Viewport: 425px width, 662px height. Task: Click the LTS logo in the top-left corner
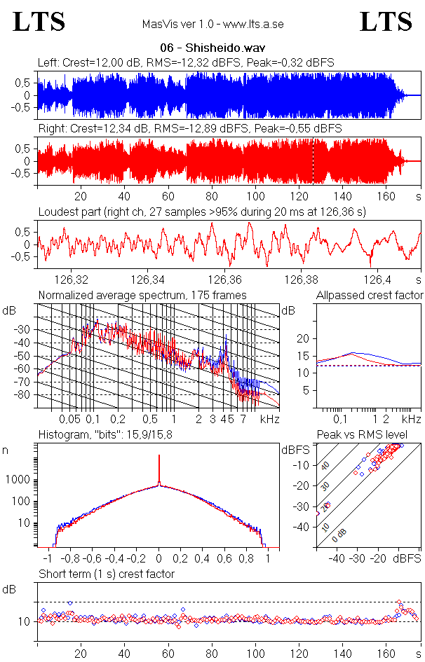click(x=39, y=22)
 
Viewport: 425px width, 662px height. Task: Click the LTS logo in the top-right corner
click(x=386, y=22)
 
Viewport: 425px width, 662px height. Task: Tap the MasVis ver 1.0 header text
click(x=212, y=25)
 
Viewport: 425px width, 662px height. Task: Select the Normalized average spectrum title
click(x=142, y=295)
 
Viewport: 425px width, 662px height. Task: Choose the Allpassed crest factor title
click(x=370, y=295)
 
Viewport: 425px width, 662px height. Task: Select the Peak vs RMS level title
click(x=370, y=435)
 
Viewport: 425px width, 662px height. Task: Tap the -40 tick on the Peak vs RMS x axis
click(x=337, y=558)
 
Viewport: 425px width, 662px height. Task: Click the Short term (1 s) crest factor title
click(x=106, y=574)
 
